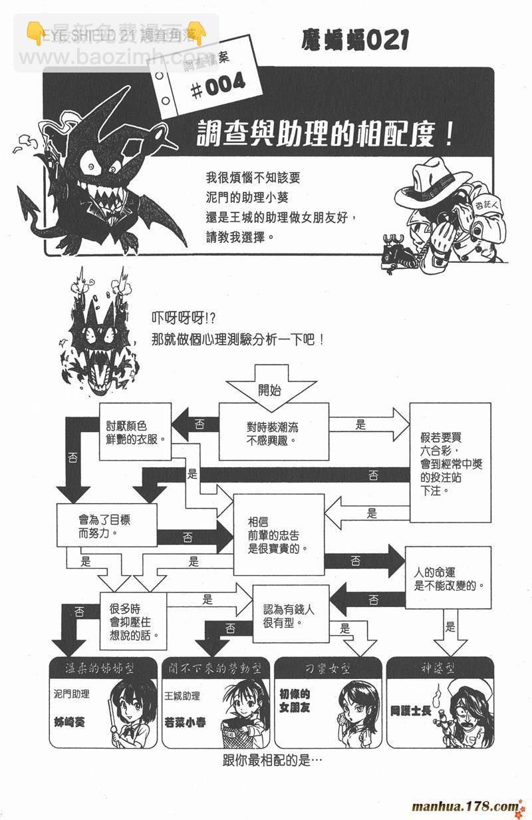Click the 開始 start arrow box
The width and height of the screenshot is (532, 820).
pos(269,389)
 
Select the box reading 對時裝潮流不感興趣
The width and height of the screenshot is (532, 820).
pos(273,431)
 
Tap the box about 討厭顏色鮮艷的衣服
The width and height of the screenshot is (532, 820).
pos(135,431)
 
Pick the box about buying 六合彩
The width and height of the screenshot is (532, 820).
pos(450,463)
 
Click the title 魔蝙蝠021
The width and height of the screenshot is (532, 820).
pos(354,41)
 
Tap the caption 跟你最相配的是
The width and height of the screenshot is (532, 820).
pos(273,761)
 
